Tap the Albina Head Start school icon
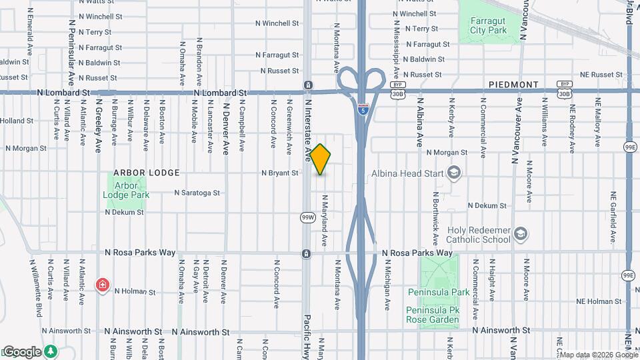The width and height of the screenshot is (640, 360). click(x=455, y=173)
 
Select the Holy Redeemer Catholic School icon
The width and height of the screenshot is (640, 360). click(x=521, y=234)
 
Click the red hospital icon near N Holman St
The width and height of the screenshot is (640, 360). click(x=102, y=285)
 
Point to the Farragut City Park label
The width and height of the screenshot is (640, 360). click(x=488, y=25)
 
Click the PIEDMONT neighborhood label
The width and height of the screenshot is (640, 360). click(x=513, y=85)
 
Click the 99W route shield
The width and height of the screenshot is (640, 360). click(x=307, y=217)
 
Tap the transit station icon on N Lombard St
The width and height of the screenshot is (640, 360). click(x=307, y=85)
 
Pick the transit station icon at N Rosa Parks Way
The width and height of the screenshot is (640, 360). click(x=306, y=253)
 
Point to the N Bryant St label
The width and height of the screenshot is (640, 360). click(x=279, y=173)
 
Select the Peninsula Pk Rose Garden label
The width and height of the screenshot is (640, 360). click(x=433, y=315)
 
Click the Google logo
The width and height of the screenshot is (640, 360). click(x=21, y=351)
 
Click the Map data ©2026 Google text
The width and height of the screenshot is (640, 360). click(x=597, y=354)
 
